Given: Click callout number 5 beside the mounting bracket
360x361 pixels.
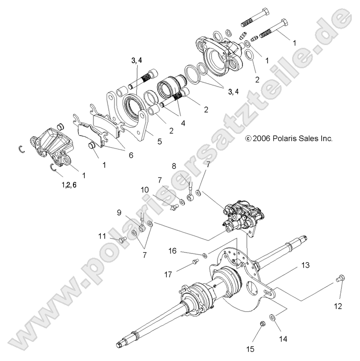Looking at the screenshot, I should point(159,142).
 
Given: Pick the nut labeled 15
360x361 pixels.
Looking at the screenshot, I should point(262,324).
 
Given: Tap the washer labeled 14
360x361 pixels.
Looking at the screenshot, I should point(272,317).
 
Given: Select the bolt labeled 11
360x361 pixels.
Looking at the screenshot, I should point(121,239).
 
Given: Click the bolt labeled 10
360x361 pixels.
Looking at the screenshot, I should point(173,208).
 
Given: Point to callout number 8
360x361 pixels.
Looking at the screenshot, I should point(173,166).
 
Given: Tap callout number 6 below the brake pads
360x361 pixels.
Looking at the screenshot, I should point(131,155).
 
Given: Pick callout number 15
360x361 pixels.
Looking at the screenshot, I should point(250,349).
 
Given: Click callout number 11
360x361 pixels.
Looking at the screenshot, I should point(101,236).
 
